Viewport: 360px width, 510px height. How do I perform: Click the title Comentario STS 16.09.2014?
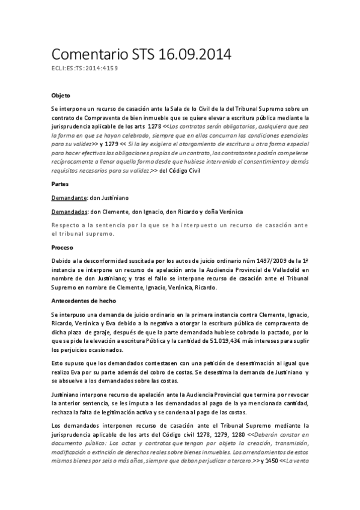[x=141, y=55]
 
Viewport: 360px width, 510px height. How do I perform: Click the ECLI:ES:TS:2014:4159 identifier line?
[x=85, y=69]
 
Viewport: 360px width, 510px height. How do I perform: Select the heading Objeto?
[x=61, y=96]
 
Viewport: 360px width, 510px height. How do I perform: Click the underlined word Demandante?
[x=69, y=197]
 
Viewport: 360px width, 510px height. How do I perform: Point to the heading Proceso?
[x=62, y=247]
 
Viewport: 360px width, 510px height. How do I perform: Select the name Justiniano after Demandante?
[x=110, y=197]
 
